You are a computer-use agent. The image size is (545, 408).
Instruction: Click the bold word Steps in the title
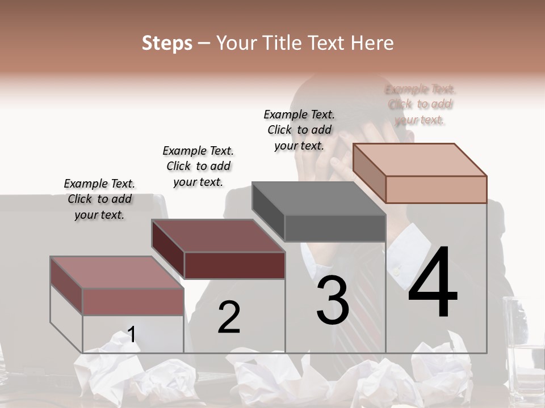click(167, 43)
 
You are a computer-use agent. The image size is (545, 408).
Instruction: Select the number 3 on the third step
click(333, 300)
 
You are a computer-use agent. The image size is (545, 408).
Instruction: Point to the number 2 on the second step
click(229, 317)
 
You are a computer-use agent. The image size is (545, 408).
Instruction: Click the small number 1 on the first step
click(132, 334)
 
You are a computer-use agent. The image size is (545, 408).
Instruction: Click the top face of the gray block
click(318, 198)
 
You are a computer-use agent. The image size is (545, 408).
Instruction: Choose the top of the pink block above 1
click(116, 272)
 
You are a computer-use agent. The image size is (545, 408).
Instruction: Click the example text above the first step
click(99, 199)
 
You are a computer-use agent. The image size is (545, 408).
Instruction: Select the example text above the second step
click(198, 166)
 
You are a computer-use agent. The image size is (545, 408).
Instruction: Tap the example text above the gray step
click(299, 130)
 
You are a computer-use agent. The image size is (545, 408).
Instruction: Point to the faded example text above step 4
click(420, 104)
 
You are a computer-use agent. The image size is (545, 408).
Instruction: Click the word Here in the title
click(372, 43)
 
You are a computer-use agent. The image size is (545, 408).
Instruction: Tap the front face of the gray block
click(335, 228)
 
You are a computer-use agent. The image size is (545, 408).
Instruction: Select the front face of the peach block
click(436, 189)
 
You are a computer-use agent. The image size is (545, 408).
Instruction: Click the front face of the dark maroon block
click(234, 265)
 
